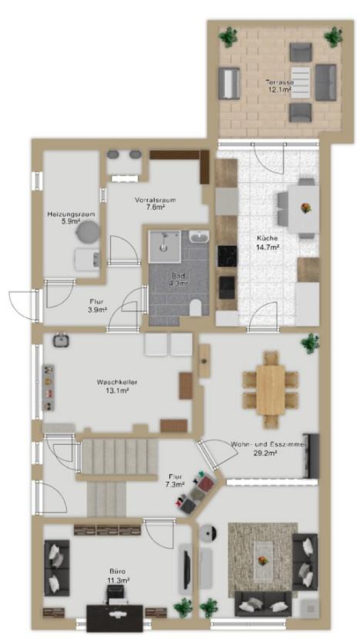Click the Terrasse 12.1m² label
coord(279,85)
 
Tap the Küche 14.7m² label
coord(267,242)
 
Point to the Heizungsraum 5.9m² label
coord(72,218)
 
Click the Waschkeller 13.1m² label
coord(116,386)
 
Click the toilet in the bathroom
coord(196,307)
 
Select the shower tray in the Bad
coord(165,247)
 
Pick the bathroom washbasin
coord(199,237)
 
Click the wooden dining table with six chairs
coord(271,390)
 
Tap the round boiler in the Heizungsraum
coord(88,231)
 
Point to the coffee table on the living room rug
coord(263,560)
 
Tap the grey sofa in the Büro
coord(57,567)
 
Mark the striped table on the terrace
coord(302,81)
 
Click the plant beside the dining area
coord(310,343)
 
